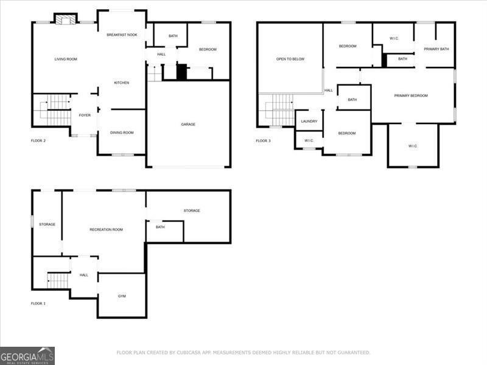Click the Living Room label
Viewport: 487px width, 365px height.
[66, 59]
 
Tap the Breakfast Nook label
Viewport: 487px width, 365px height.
[122, 35]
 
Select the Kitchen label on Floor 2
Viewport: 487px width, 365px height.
[122, 83]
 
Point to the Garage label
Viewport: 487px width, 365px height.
[188, 124]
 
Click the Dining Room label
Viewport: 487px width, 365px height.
[122, 132]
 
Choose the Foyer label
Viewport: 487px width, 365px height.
[85, 115]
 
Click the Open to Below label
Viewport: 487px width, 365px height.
[290, 59]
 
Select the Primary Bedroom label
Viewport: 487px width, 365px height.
[411, 96]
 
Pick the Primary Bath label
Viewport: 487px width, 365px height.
[436, 49]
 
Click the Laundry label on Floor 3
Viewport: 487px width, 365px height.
[309, 121]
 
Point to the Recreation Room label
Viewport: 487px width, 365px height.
[107, 229]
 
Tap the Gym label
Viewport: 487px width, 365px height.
[122, 296]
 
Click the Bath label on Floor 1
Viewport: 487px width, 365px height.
[160, 227]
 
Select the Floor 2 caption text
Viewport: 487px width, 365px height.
[38, 141]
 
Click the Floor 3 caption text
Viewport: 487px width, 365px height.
[263, 141]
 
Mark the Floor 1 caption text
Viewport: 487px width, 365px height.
[38, 303]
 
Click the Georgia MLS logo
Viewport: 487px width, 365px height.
[27, 355]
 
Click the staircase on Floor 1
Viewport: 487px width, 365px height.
[58, 280]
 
